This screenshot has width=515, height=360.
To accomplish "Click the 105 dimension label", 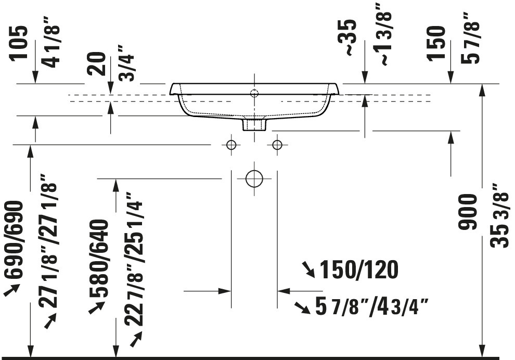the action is click(x=19, y=43).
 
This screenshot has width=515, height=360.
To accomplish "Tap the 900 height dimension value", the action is click(x=468, y=212).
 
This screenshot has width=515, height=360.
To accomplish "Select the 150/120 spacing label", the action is click(x=359, y=269).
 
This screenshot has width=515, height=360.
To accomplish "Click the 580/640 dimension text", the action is click(x=99, y=258).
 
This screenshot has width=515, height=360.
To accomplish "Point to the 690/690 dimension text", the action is click(x=14, y=240).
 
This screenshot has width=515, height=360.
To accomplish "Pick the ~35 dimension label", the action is click(x=348, y=37).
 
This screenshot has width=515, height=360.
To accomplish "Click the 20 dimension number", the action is click(x=97, y=63).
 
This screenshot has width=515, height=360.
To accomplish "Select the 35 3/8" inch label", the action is click(x=500, y=215).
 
